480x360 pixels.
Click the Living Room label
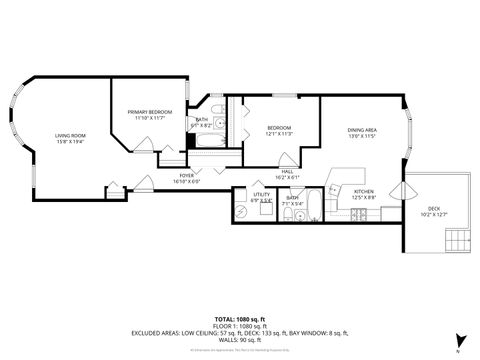click(70, 135)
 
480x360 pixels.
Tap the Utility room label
click(262, 196)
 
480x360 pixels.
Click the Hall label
click(287, 175)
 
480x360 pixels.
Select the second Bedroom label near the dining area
click(279, 130)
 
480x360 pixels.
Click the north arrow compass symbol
click(459, 338)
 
